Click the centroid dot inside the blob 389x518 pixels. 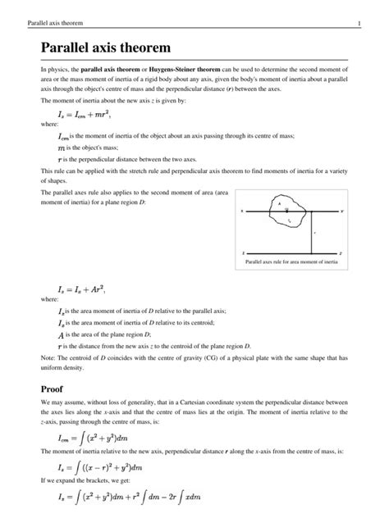tap(286, 211)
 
